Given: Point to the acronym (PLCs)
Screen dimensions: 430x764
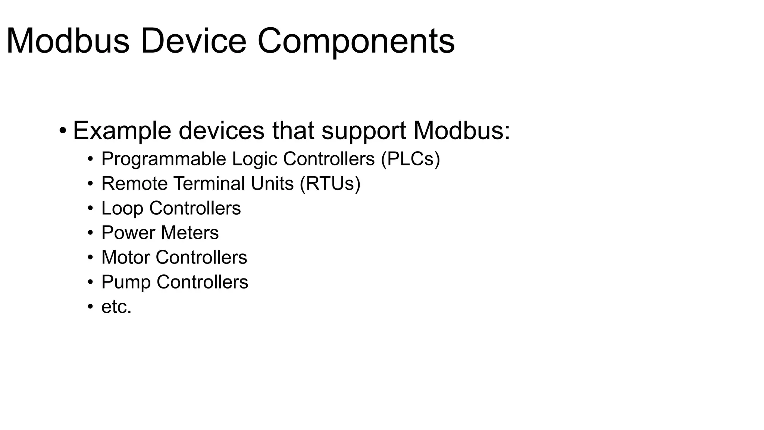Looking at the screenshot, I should (x=410, y=159).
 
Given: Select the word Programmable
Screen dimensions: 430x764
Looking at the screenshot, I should (x=164, y=159).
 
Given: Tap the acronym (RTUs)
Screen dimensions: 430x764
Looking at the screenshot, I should (x=330, y=184).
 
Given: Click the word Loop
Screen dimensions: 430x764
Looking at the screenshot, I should (x=122, y=208).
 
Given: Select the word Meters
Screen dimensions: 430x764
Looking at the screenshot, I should (x=190, y=233).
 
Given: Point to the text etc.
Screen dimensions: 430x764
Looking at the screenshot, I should (x=116, y=307).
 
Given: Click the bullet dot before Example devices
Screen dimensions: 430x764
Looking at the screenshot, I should (x=63, y=131).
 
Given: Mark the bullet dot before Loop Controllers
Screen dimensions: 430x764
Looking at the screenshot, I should (x=90, y=209).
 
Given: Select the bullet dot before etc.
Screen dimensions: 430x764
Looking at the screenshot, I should (x=90, y=307).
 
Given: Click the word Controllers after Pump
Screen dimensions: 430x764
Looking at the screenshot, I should (x=202, y=282).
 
